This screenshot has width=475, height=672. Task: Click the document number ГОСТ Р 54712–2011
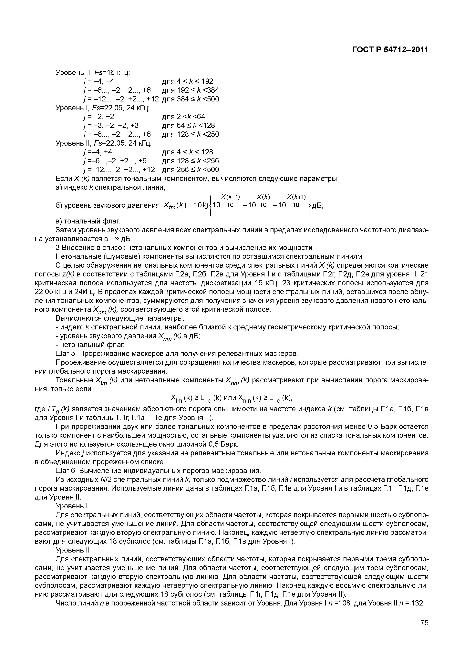click(390, 50)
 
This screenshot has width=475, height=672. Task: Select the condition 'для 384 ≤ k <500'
click(190, 99)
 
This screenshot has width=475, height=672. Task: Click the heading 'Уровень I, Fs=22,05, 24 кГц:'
click(102, 108)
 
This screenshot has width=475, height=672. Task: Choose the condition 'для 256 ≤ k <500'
click(190, 170)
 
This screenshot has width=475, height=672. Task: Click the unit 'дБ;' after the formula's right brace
click(317, 205)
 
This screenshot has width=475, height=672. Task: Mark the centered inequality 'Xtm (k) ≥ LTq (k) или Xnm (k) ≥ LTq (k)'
click(232, 398)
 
